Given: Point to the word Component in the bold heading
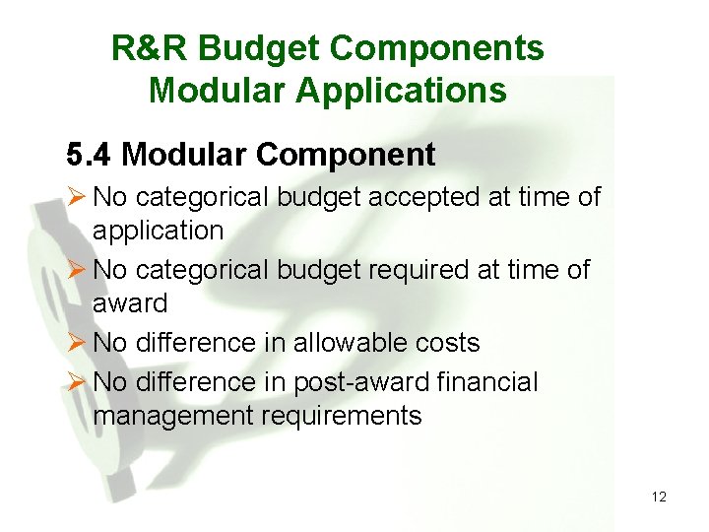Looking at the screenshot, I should (x=346, y=155).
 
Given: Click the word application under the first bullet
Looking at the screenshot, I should (x=158, y=232).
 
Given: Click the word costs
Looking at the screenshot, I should (x=447, y=343).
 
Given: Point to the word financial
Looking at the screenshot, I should (x=489, y=381).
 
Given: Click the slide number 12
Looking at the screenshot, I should (x=659, y=497).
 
